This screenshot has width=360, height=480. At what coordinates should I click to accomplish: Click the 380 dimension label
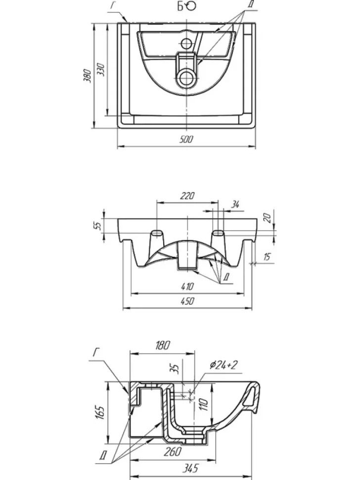click(x=87, y=76)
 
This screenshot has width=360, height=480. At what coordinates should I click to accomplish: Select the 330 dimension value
click(x=101, y=70)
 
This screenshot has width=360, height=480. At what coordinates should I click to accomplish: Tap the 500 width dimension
click(x=186, y=140)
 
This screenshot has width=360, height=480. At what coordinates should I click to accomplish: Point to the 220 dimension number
click(x=187, y=195)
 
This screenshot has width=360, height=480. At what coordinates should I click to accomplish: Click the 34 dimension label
click(x=235, y=204)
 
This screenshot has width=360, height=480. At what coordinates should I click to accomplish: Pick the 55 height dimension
click(x=97, y=226)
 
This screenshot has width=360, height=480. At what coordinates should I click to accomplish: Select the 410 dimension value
click(x=187, y=287)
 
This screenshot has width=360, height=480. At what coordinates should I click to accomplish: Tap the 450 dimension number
click(x=187, y=301)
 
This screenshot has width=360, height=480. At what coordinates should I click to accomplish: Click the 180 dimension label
click(x=162, y=345)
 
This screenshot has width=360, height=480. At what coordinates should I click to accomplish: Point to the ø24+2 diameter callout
click(x=224, y=365)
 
